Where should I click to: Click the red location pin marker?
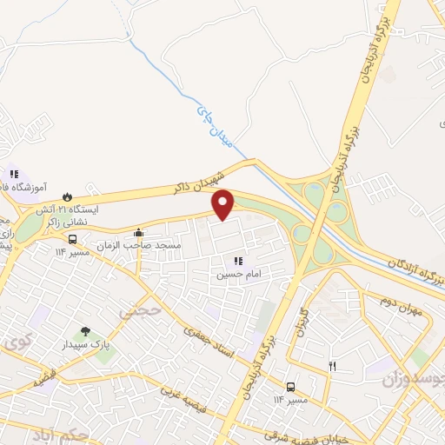[x=223, y=203]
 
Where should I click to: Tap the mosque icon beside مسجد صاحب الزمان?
[x=139, y=233]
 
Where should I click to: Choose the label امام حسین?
[x=237, y=274]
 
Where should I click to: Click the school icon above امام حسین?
[x=238, y=260]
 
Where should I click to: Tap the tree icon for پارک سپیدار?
[x=85, y=331]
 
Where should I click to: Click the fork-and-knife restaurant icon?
[x=332, y=367]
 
